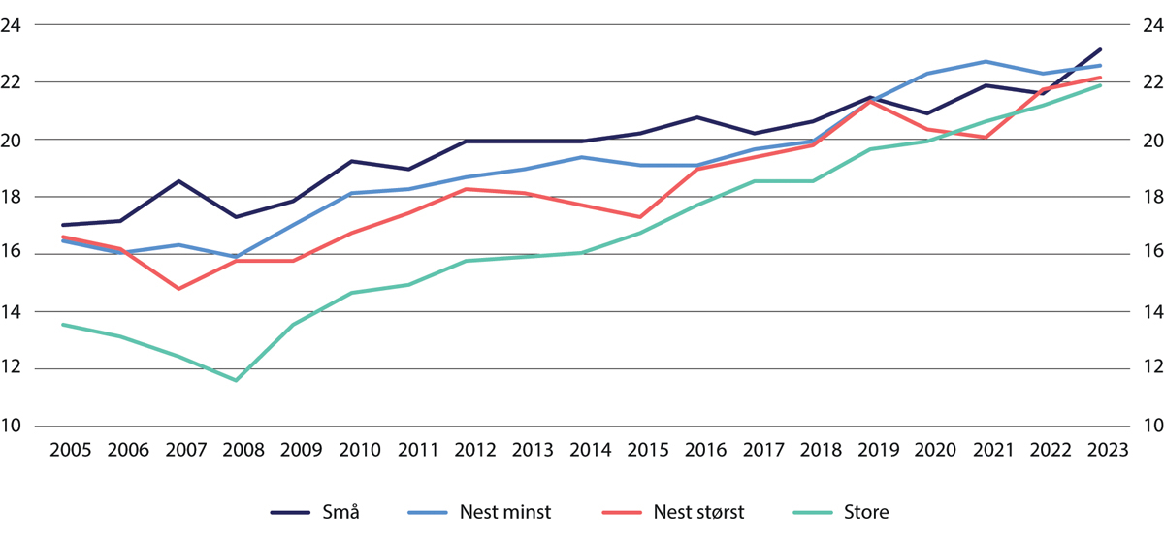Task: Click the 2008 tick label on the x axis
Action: pyautogui.click(x=236, y=451)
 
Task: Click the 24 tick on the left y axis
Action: pyautogui.click(x=14, y=25)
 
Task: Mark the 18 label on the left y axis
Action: pyautogui.click(x=14, y=197)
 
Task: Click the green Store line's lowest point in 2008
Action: pyautogui.click(x=236, y=380)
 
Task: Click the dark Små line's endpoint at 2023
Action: pyautogui.click(x=1100, y=49)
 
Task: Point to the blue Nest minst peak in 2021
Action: pyautogui.click(x=986, y=61)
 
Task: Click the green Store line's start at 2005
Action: pyautogui.click(x=64, y=325)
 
